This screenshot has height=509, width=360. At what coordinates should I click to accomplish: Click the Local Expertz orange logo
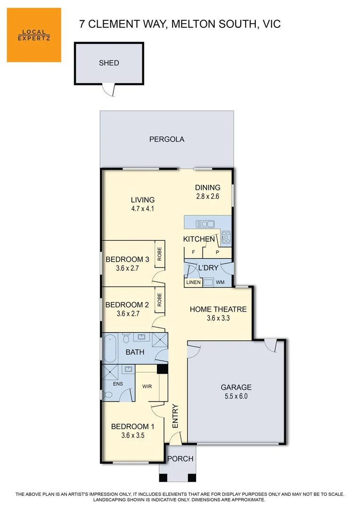pos(34,35)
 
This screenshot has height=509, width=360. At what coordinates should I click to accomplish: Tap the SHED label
pos(109,63)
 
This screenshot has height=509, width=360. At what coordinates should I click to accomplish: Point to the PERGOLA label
pos(166,139)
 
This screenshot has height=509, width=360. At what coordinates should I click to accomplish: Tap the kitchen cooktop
pos(226,237)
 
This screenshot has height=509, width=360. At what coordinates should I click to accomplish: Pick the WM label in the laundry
pos(220,282)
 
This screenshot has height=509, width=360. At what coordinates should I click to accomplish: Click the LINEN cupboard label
pos(193,282)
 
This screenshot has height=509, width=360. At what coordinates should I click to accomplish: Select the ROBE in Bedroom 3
pos(159,254)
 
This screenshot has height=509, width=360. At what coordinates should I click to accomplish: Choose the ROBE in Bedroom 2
pos(159,301)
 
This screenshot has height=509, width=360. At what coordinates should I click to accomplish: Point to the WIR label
pos(147,386)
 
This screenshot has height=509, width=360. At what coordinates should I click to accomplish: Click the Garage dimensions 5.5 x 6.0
pos(236,396)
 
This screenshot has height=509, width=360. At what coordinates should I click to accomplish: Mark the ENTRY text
pos(175,416)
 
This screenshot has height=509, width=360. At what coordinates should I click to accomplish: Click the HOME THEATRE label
pos(218,309)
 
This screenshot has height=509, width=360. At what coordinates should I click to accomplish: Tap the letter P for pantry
pos(217,252)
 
